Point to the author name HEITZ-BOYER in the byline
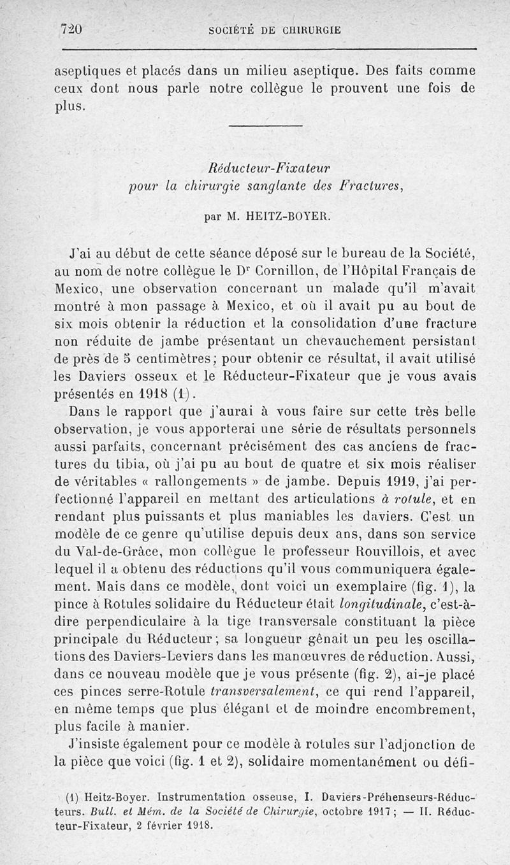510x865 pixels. pyautogui.click(x=284, y=216)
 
